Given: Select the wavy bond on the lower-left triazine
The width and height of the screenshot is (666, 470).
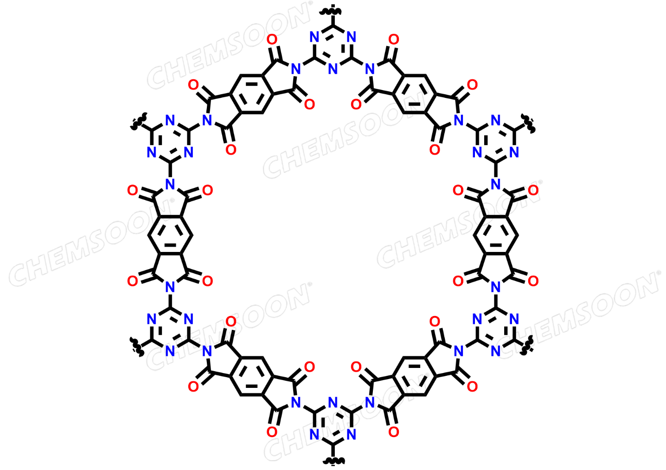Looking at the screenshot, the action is (x=137, y=347).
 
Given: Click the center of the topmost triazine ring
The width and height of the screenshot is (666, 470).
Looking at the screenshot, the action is (x=333, y=48).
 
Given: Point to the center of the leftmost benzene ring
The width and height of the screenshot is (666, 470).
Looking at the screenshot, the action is (x=170, y=235).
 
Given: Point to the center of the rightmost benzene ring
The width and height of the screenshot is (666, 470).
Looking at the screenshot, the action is (x=496, y=235).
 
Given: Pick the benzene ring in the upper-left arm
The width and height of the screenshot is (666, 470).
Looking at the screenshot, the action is (x=251, y=94).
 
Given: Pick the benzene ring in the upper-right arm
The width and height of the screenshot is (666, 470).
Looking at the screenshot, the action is (x=415, y=94).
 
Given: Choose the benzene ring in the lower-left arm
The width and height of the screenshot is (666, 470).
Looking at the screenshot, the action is (x=251, y=376).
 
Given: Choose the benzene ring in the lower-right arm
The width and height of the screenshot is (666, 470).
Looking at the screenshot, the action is (x=415, y=376).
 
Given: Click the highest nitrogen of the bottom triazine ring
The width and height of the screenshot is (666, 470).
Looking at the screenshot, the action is (x=333, y=402).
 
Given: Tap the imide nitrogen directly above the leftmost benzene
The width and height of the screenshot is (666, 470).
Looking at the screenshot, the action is (x=170, y=184).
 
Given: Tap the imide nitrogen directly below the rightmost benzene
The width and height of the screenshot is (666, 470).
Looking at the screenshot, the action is (x=496, y=287).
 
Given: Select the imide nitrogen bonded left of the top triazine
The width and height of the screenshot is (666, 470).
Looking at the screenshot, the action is (x=296, y=69).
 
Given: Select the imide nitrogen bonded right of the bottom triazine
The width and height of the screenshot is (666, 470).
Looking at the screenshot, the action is (x=370, y=402).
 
